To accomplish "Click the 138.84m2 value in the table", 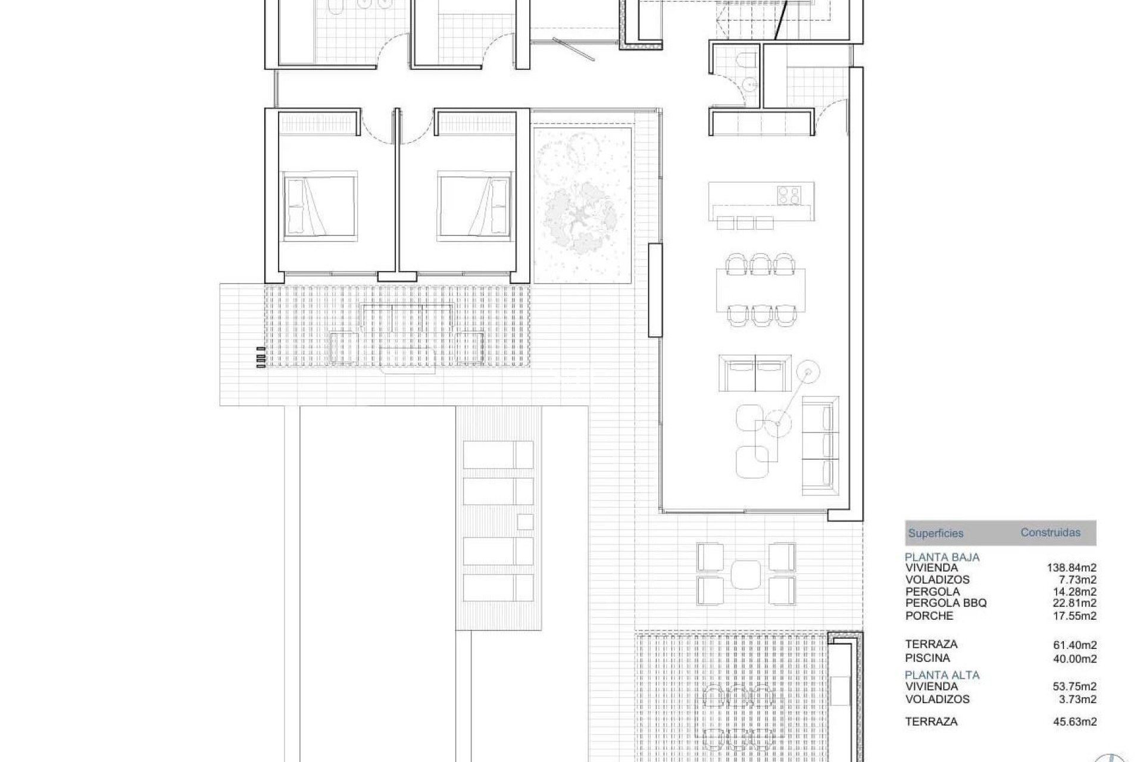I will [1072, 568].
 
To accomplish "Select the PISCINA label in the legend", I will [927, 658].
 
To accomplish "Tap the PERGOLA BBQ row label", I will [946, 603].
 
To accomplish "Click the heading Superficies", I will [935, 533].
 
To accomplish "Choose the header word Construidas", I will [1050, 533].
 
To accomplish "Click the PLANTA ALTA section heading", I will [942, 675].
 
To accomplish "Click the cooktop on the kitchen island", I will [788, 195].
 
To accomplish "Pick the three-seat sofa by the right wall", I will [820, 445].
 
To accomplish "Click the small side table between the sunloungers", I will [524, 522].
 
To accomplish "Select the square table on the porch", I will [745, 574].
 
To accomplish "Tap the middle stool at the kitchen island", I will [745, 223].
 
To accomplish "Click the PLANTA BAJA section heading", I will [942, 557].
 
